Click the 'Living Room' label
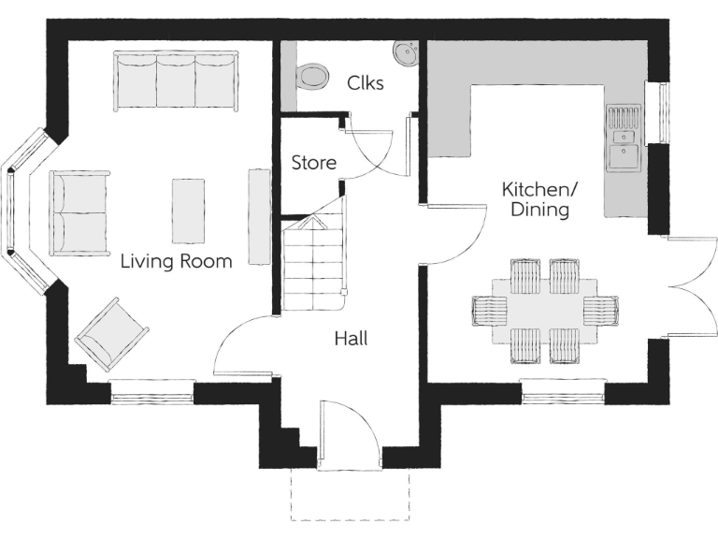[176, 262]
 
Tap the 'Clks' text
[366, 82]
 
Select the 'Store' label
[313, 163]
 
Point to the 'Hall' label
[351, 339]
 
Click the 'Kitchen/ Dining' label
[540, 199]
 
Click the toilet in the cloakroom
[312, 75]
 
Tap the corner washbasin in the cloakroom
[407, 53]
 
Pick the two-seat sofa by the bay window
[79, 213]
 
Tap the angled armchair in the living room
[112, 334]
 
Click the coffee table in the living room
[187, 210]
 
